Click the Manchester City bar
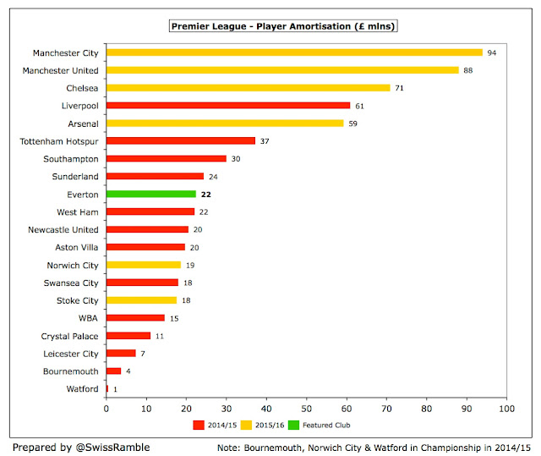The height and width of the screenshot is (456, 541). click(x=294, y=52)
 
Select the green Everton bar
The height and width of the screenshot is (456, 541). click(x=151, y=194)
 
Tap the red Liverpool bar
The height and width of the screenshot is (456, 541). click(x=228, y=105)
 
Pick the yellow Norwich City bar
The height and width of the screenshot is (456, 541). click(x=144, y=265)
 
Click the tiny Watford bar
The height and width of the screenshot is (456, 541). click(x=107, y=388)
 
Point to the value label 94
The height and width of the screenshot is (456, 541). click(x=492, y=52)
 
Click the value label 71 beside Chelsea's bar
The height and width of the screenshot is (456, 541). click(x=399, y=88)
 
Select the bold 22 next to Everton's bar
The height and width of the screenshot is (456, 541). click(x=206, y=195)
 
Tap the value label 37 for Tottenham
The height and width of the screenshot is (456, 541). click(x=265, y=141)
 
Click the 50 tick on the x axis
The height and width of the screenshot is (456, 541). click(x=306, y=409)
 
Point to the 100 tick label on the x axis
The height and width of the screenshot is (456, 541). click(x=506, y=409)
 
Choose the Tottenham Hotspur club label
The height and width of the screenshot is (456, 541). click(x=59, y=141)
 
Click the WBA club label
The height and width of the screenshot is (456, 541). click(x=88, y=318)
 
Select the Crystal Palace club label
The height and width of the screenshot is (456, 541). click(x=69, y=336)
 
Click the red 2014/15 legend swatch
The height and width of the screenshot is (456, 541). click(x=199, y=425)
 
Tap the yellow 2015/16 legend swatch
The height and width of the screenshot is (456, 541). click(x=246, y=425)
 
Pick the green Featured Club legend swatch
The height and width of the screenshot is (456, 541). click(x=293, y=425)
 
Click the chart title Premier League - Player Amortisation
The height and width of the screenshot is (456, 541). click(x=283, y=26)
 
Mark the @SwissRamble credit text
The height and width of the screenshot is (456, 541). click(x=112, y=448)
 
